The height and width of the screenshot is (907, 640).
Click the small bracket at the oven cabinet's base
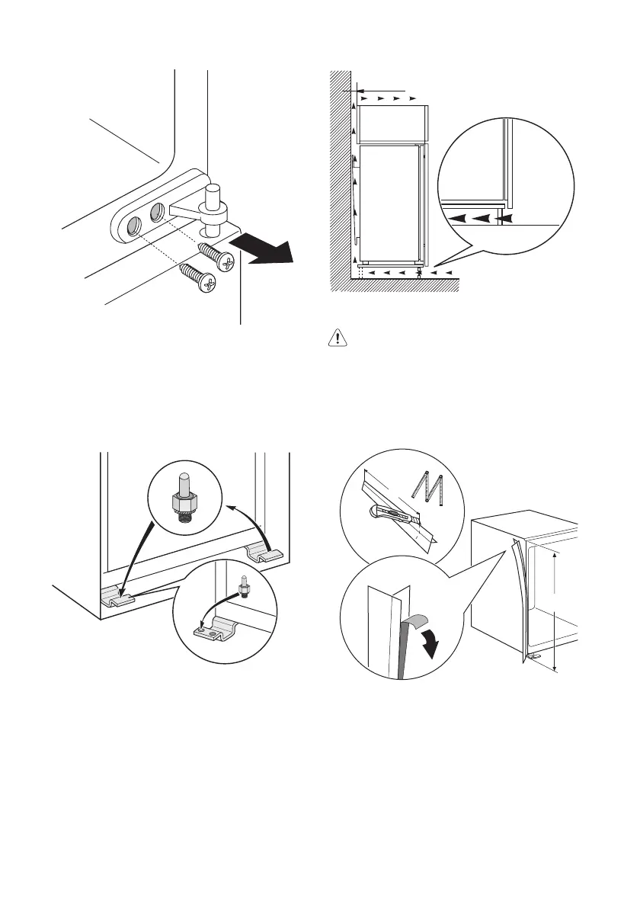pyautogui.click(x=533, y=655)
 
